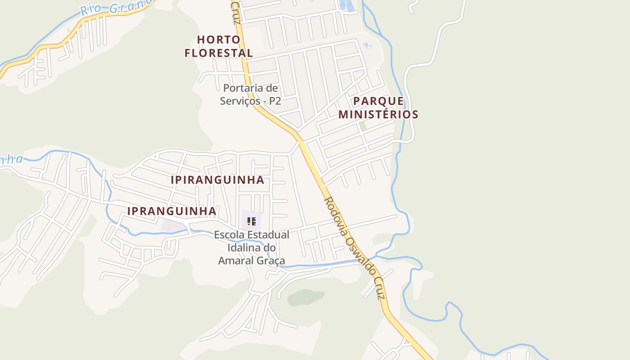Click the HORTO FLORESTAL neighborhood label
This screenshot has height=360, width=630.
click(219, 46)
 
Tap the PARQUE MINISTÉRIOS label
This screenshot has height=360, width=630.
click(378, 108)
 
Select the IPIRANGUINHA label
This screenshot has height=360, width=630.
click(217, 180)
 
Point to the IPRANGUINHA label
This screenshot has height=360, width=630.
click(172, 211)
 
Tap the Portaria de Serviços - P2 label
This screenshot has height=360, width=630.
click(251, 94)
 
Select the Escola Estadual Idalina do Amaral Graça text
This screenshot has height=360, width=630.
click(252, 247)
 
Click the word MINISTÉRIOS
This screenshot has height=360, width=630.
click(378, 114)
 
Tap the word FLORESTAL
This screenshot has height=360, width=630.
click(219, 53)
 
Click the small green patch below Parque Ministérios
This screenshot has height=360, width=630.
click(363, 126)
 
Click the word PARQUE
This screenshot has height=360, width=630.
click(378, 101)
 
